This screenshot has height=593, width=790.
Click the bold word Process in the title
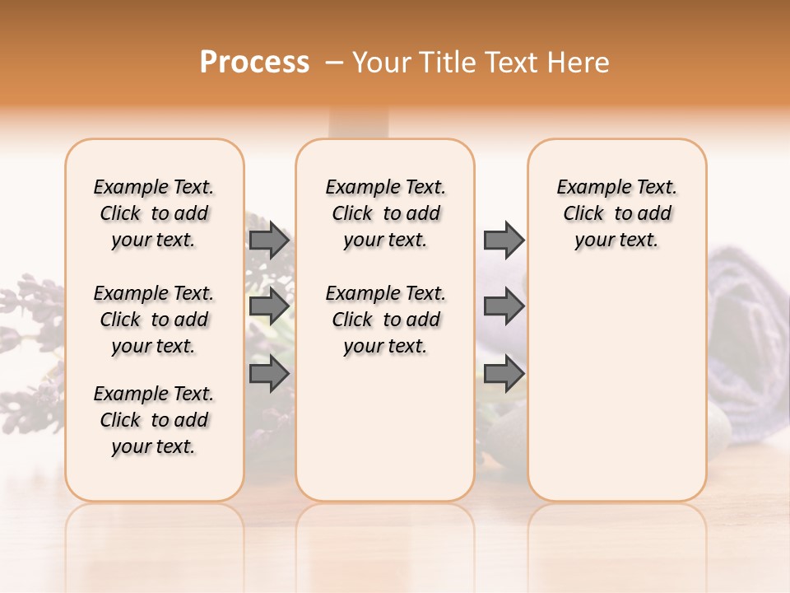(254, 63)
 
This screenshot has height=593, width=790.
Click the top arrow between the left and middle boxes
(269, 240)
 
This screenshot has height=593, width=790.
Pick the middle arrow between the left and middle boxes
(269, 306)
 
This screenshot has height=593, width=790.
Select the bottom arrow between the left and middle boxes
(269, 373)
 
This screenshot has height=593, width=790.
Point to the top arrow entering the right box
(504, 240)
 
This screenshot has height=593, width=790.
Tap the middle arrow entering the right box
(504, 306)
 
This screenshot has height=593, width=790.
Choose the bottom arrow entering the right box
(504, 373)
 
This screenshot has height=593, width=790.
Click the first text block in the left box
(154, 213)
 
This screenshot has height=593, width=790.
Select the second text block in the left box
(154, 320)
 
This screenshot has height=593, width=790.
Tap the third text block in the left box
(154, 420)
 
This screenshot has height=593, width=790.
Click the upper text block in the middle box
(385, 213)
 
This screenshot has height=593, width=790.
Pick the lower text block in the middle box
(385, 320)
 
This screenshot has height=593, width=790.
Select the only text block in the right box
(616, 213)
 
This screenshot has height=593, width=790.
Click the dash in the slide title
(334, 63)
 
